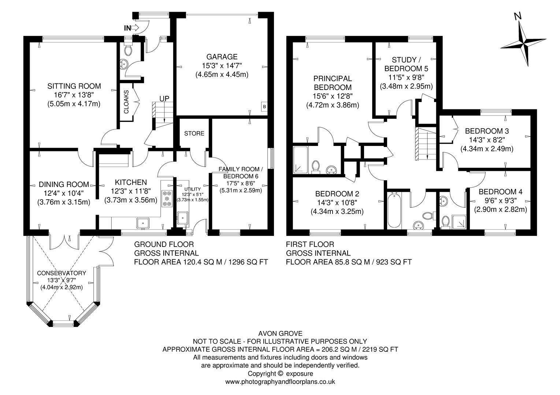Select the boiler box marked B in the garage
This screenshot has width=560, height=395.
pos(264,106)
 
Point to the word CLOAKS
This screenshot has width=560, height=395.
pos(126,102)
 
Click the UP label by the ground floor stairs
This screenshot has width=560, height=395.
pos(164,99)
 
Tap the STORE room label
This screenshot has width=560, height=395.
pos(194,133)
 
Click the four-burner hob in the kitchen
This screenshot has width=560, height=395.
pos(167,198)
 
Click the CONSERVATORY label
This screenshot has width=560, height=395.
pos(62,273)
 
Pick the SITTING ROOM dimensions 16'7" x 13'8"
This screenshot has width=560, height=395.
pos(74,95)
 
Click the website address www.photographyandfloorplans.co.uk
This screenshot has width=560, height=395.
pos(280,381)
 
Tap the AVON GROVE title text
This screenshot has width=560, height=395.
pos(280,333)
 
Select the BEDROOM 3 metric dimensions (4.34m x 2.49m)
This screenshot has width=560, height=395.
pos(487,149)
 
